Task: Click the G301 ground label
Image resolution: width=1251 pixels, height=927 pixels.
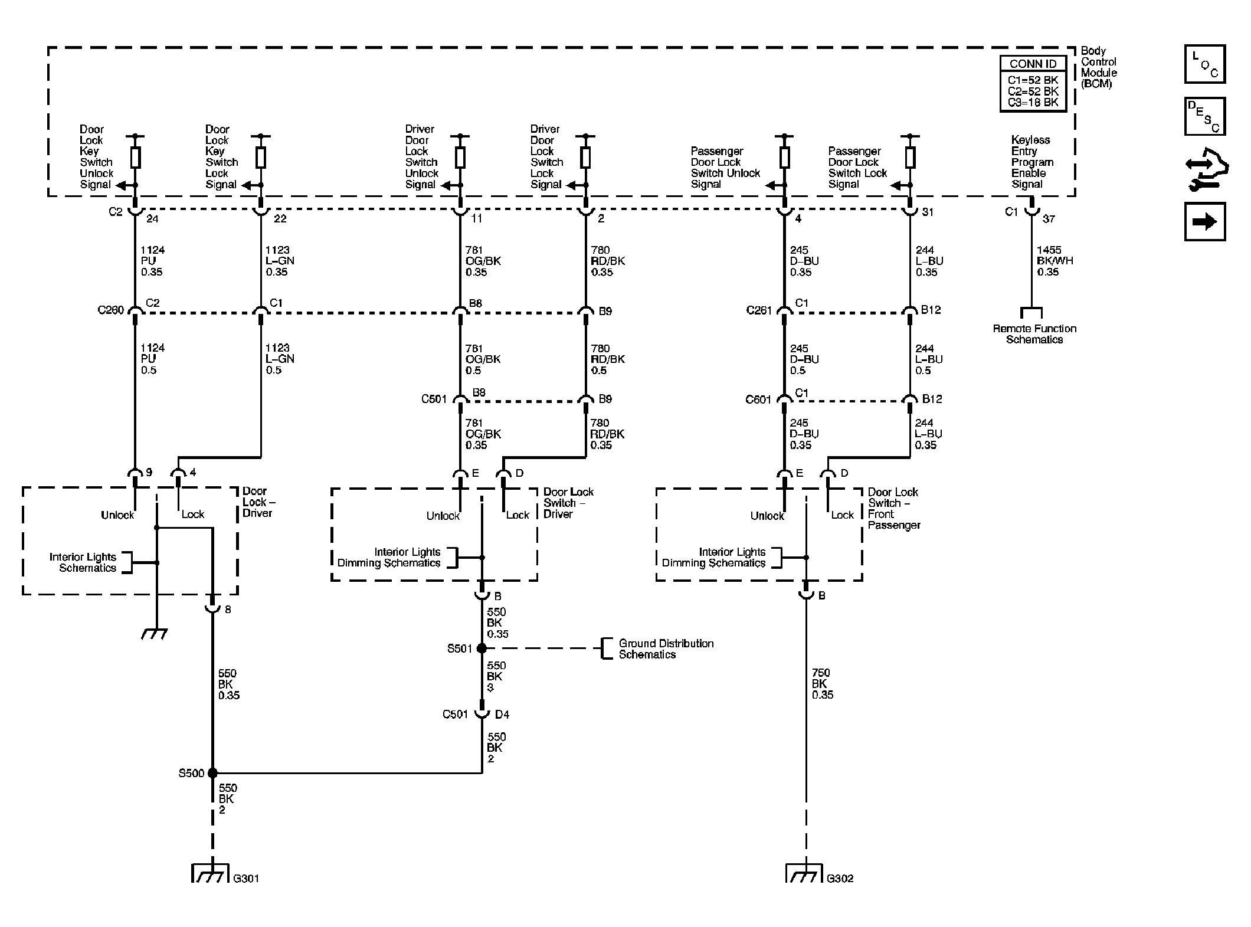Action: pos(246,878)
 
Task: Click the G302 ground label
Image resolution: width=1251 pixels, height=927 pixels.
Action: pos(840,878)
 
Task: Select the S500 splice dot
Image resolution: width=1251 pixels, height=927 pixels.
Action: pos(212,773)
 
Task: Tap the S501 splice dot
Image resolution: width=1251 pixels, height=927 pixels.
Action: pos(482,648)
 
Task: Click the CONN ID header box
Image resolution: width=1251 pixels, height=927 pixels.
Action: pos(1033,64)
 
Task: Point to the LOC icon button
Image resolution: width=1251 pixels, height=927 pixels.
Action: pos(1205,64)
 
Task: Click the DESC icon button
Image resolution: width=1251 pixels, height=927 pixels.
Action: pos(1205,116)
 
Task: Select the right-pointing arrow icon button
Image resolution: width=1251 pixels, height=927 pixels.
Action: pos(1205,222)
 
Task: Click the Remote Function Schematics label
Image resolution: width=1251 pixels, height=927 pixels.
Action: pos(1034,334)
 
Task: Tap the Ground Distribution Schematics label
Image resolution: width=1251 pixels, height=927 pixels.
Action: pos(666,649)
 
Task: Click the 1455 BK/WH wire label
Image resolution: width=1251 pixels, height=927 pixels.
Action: pos(1055,261)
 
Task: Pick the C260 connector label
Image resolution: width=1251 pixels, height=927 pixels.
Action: pos(111,310)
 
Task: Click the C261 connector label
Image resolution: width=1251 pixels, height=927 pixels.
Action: pos(759,310)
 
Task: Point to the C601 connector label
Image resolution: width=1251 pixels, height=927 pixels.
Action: pos(758,399)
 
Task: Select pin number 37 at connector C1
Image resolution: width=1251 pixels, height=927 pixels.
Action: pos(1049,219)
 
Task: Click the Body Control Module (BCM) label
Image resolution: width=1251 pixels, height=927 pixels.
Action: pos(1099,67)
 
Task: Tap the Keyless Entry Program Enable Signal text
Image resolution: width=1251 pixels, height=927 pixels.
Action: pos(1032,162)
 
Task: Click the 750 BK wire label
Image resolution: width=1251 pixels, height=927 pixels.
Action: pos(822,684)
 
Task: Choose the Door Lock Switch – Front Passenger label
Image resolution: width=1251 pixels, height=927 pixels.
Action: pos(894,509)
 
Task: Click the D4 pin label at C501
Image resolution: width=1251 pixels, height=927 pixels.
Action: pos(502,715)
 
